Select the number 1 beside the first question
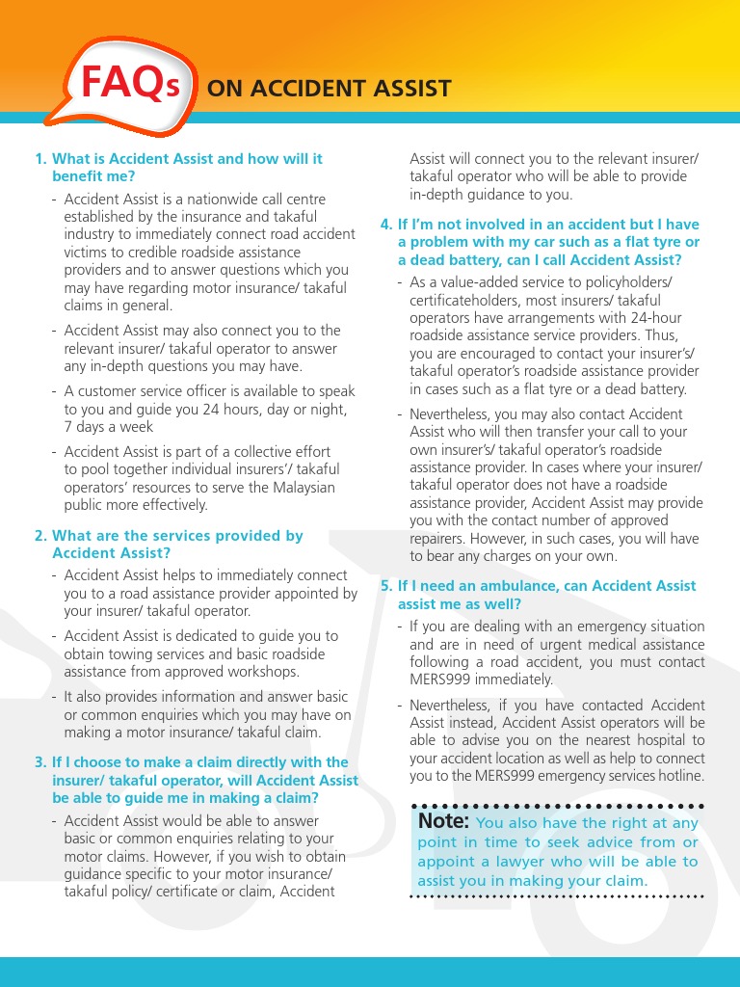point(40,159)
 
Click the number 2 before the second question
point(40,536)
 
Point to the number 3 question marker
point(40,762)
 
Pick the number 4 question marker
point(385,226)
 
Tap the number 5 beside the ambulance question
point(385,586)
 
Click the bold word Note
point(443,821)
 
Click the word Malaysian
point(302,487)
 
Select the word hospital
point(660,740)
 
